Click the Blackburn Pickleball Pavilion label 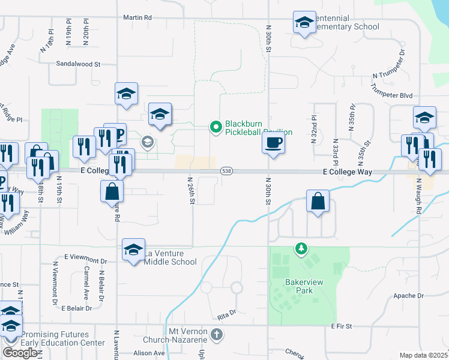(258, 127)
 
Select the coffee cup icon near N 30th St (273, 143)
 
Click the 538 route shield (226, 172)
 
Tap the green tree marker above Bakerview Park (300, 248)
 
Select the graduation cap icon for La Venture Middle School (133, 250)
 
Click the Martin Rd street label (137, 18)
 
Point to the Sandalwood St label (78, 63)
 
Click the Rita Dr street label (227, 313)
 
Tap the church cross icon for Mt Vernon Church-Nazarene (217, 334)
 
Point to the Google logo (19, 353)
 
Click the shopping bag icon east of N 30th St (317, 202)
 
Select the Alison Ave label (149, 353)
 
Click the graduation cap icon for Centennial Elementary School (304, 23)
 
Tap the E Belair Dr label (77, 308)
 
